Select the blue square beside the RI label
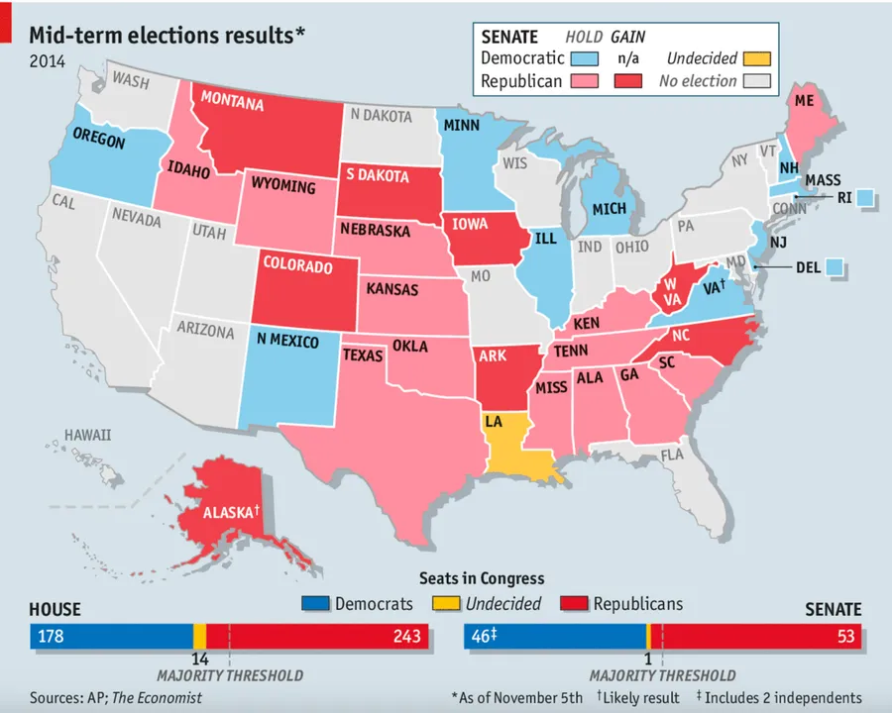click(x=865, y=198)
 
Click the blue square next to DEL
click(x=835, y=266)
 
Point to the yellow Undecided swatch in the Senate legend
click(x=756, y=58)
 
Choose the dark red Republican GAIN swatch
click(x=627, y=81)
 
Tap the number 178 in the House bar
click(x=51, y=636)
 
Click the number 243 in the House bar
click(x=405, y=636)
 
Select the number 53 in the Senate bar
click(x=846, y=636)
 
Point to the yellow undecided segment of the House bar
click(x=199, y=636)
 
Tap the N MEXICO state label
click(x=287, y=342)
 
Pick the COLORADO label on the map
click(x=297, y=266)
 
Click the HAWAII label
click(x=87, y=435)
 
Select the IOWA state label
click(x=470, y=224)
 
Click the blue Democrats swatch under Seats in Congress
click(x=315, y=603)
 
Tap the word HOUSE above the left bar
click(x=55, y=610)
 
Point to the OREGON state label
click(x=100, y=141)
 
